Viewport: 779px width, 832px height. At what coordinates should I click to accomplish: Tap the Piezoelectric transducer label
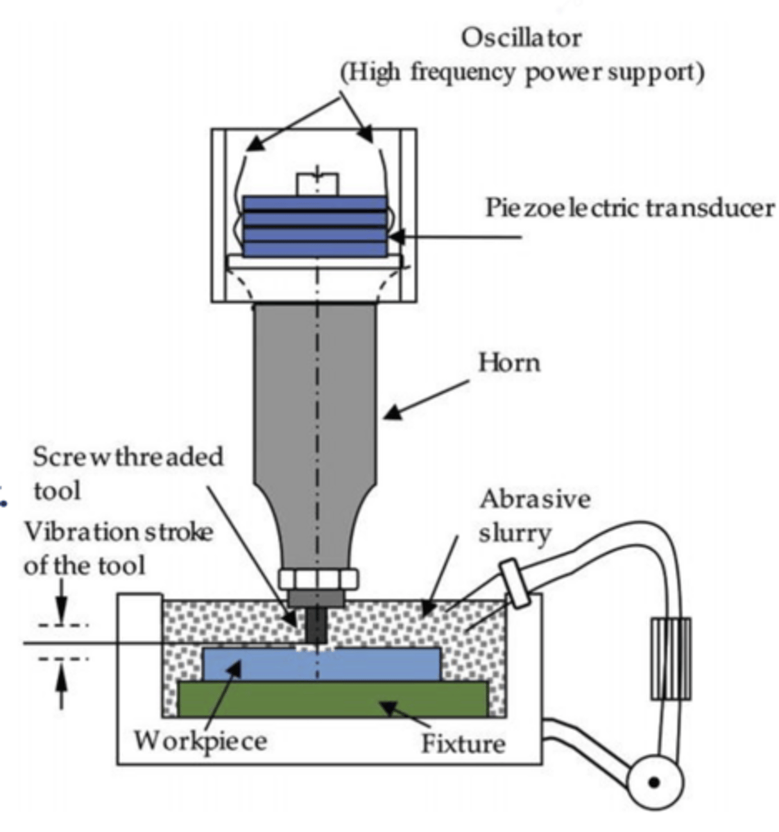(629, 207)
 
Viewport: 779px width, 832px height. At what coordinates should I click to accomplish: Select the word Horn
(508, 363)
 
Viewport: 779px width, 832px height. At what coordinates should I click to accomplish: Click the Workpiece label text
(200, 740)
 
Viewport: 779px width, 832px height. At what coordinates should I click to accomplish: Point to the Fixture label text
(463, 743)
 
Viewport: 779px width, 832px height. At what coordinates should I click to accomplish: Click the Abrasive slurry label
(534, 515)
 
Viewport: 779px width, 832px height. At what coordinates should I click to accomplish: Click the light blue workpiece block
(320, 664)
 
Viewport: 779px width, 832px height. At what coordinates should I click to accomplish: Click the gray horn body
(316, 416)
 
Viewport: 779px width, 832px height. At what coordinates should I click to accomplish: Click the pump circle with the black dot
(653, 781)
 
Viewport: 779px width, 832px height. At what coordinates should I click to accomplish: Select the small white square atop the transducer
(318, 184)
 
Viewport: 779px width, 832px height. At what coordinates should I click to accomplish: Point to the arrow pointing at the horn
(425, 399)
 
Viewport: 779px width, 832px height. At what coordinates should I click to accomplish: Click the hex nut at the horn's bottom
(318, 578)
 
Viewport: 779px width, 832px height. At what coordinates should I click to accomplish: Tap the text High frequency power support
(522, 72)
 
